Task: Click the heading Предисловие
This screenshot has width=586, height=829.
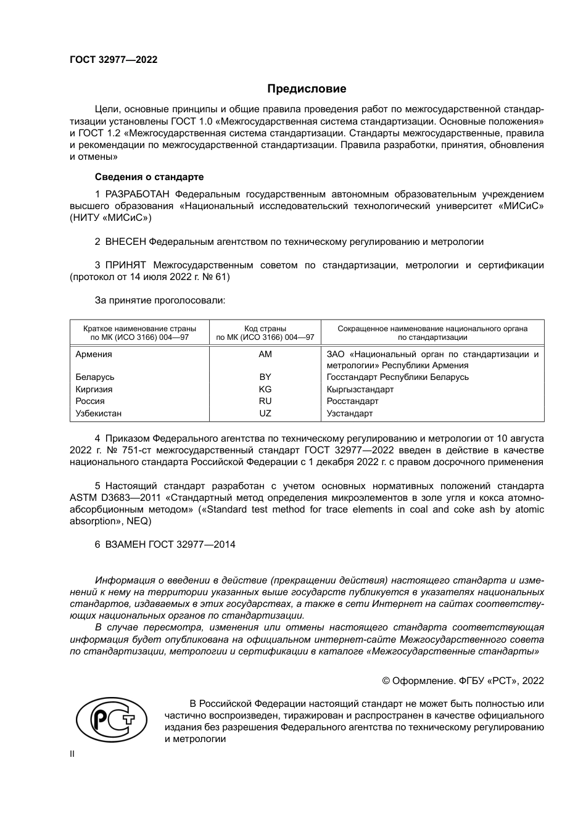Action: tap(307, 89)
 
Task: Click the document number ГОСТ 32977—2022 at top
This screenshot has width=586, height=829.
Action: tap(113, 60)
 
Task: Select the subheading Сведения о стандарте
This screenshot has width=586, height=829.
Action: tap(149, 177)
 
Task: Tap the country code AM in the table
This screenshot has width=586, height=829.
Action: tap(265, 354)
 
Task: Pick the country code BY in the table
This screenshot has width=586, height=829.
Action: tap(265, 377)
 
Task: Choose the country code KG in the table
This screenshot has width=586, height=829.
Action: tap(265, 389)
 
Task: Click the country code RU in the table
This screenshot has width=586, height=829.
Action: tap(265, 401)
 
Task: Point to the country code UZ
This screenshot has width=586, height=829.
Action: tap(265, 413)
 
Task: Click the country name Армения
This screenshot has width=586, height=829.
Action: tap(94, 354)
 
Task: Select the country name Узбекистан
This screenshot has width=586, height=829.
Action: tap(99, 413)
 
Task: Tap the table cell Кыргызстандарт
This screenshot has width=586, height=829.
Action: tap(360, 389)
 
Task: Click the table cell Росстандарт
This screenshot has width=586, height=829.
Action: tap(352, 401)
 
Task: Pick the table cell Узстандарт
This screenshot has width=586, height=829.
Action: tap(350, 413)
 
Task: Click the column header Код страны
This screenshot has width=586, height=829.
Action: tap(265, 329)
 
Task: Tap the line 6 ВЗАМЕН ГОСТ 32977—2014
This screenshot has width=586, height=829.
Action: tap(165, 545)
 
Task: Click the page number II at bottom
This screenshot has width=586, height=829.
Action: tap(72, 754)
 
